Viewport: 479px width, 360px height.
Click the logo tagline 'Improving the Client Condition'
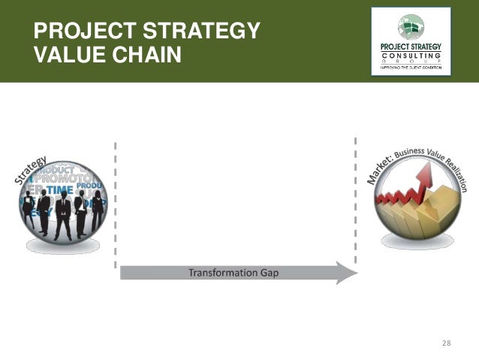point(411,68)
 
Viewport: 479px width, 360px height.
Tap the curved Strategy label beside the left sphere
point(31,171)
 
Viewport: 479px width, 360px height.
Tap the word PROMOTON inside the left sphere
point(71,180)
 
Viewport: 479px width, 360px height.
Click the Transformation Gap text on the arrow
point(233,272)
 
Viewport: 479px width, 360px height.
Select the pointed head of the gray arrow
point(348,272)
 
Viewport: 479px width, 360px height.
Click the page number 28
point(447,343)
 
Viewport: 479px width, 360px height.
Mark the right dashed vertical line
point(356,203)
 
